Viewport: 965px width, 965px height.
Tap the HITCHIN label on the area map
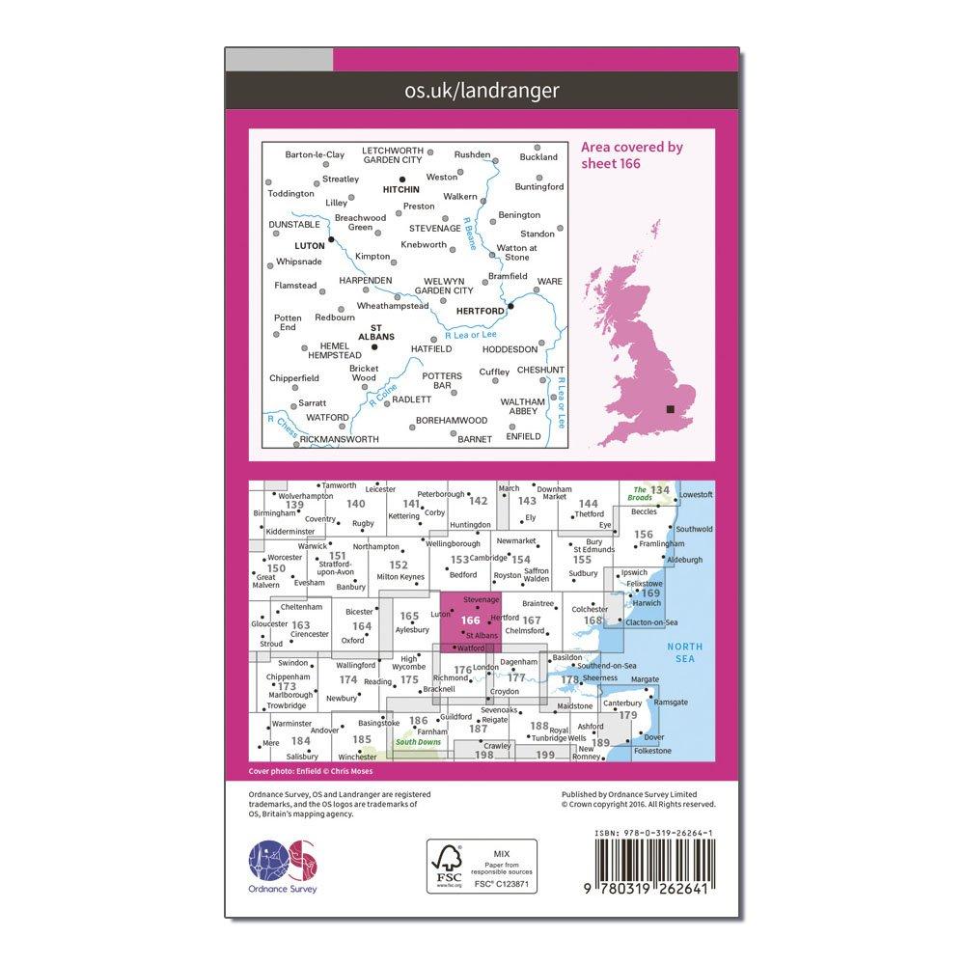point(401,190)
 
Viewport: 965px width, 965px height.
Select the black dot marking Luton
point(331,239)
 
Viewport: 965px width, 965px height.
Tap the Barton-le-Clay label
point(315,154)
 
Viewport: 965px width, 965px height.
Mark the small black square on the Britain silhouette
point(671,409)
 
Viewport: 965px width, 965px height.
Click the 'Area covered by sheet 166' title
point(632,154)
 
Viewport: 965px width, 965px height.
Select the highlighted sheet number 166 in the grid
point(471,620)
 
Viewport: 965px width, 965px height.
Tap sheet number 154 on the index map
point(521,560)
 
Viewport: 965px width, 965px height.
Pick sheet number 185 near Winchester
point(362,739)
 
